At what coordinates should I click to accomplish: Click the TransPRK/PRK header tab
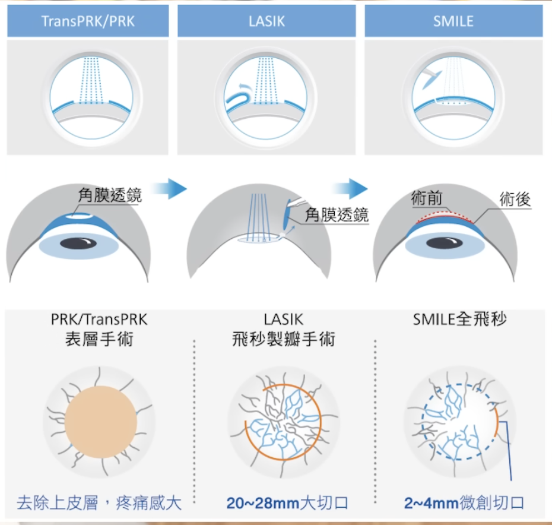pos(88,22)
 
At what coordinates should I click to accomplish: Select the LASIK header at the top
pos(267,22)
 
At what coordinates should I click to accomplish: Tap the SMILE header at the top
pos(453,22)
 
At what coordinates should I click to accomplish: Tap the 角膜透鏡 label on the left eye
pos(110,195)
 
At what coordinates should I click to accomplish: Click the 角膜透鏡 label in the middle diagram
pos(337,215)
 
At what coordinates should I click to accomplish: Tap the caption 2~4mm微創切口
pos(464,504)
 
